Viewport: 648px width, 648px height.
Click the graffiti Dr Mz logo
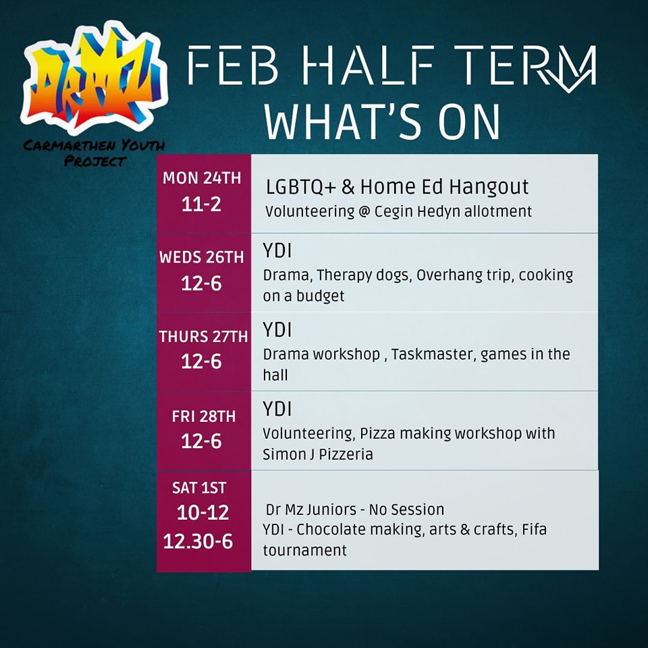pyautogui.click(x=94, y=78)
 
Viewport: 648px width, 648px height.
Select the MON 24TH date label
pyautogui.click(x=202, y=178)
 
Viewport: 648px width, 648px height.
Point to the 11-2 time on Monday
pyautogui.click(x=201, y=204)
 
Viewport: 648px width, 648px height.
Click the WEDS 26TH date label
pyautogui.click(x=202, y=257)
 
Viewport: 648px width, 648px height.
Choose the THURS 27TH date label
pyautogui.click(x=203, y=337)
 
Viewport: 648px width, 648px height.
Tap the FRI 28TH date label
pyautogui.click(x=204, y=416)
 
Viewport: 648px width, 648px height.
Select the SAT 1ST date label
pyautogui.click(x=199, y=488)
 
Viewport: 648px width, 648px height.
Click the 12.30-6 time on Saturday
pyautogui.click(x=198, y=541)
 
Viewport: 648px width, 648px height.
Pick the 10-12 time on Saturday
pyautogui.click(x=202, y=513)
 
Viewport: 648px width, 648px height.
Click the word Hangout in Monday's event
pyautogui.click(x=489, y=187)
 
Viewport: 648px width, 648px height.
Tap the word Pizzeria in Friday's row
pyautogui.click(x=346, y=454)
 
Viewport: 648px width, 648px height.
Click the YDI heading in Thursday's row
pyautogui.click(x=277, y=330)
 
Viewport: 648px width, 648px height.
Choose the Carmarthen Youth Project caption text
pyautogui.click(x=94, y=153)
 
